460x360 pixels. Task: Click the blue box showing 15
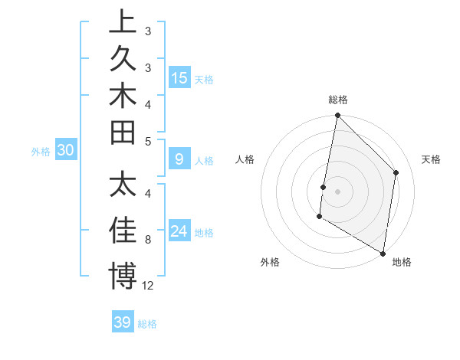click(x=180, y=77)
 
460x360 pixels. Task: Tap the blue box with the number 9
click(x=179, y=159)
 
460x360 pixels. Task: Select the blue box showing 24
click(x=180, y=231)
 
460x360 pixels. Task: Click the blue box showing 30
click(x=66, y=151)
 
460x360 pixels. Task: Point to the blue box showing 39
click(x=123, y=322)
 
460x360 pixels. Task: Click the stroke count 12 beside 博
click(x=148, y=286)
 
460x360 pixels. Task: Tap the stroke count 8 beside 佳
click(x=147, y=240)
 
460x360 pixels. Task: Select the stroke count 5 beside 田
click(x=147, y=140)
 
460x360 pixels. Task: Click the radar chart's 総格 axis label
click(x=338, y=100)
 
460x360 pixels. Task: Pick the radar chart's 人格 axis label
click(x=245, y=159)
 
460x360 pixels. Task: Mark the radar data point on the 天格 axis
click(x=396, y=172)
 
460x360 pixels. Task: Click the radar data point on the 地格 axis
click(x=383, y=254)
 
